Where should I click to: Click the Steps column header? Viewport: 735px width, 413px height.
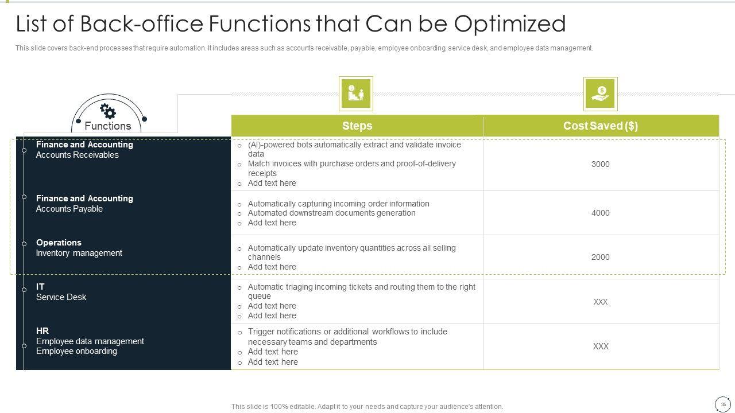[x=357, y=126]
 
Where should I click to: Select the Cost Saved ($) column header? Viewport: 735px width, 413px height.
[x=601, y=126]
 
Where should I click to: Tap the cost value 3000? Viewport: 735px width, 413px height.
[x=601, y=164]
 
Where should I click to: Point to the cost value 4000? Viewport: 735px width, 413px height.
[x=601, y=213]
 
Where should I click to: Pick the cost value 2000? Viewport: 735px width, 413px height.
[x=601, y=257]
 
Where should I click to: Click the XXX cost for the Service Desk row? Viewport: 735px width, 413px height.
[x=601, y=302]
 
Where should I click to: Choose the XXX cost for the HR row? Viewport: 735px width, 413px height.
[x=601, y=346]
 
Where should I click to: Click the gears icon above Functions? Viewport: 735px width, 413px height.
[x=108, y=111]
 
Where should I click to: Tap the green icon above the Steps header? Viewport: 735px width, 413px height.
[x=356, y=93]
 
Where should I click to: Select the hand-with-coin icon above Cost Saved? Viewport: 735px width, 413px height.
[x=600, y=94]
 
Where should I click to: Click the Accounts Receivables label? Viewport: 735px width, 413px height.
[x=77, y=155]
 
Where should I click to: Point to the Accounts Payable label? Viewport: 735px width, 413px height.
[x=69, y=209]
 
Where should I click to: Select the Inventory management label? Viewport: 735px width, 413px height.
[x=79, y=253]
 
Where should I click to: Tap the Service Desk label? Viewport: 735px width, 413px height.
[x=61, y=297]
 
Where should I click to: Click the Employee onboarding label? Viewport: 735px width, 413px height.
[x=76, y=352]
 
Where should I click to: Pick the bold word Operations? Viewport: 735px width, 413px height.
[x=59, y=243]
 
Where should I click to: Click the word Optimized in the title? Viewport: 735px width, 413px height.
[x=509, y=24]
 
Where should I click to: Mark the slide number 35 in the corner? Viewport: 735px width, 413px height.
[x=723, y=405]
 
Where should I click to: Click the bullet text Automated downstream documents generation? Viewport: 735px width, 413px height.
[x=331, y=213]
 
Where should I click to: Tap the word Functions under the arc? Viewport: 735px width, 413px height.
[x=108, y=126]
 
